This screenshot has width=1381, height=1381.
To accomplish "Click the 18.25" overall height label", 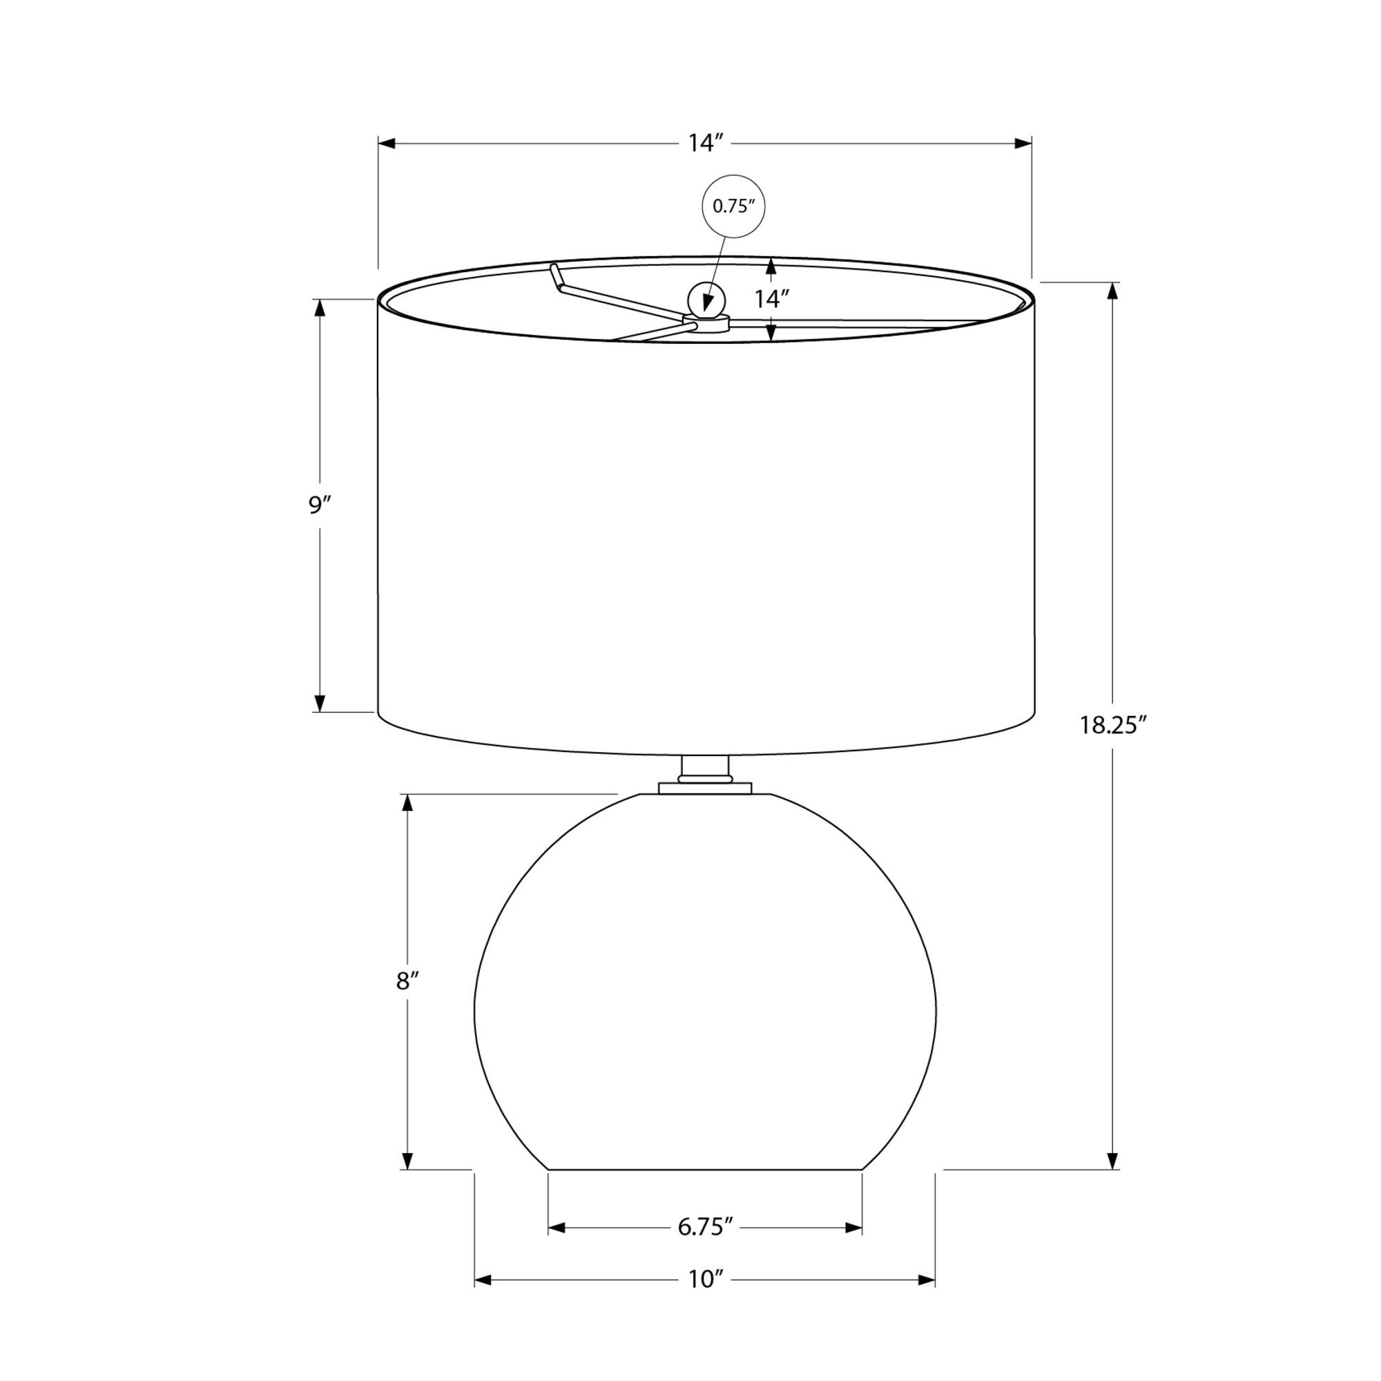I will (x=1112, y=726).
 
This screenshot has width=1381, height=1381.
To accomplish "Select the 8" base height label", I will (x=407, y=981).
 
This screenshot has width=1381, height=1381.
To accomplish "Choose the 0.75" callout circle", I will (x=734, y=206).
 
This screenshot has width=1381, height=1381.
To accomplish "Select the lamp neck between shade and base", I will (x=705, y=769).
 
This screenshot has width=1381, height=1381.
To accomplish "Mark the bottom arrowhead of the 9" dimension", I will (x=320, y=704).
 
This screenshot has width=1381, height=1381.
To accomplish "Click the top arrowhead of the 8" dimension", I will (x=407, y=803).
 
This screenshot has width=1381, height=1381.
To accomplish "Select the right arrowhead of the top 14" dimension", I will (x=1023, y=144).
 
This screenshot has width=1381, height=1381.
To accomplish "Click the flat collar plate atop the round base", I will (x=705, y=788).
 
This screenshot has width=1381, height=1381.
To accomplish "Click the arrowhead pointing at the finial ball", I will (x=708, y=304).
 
